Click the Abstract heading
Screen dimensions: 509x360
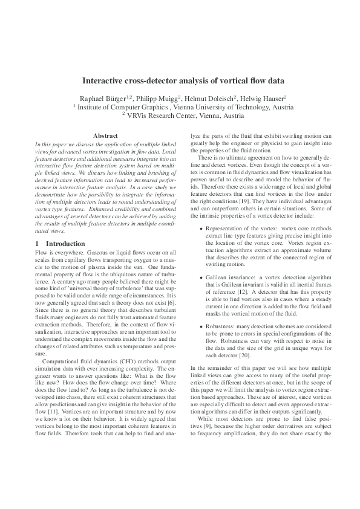(105, 136)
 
